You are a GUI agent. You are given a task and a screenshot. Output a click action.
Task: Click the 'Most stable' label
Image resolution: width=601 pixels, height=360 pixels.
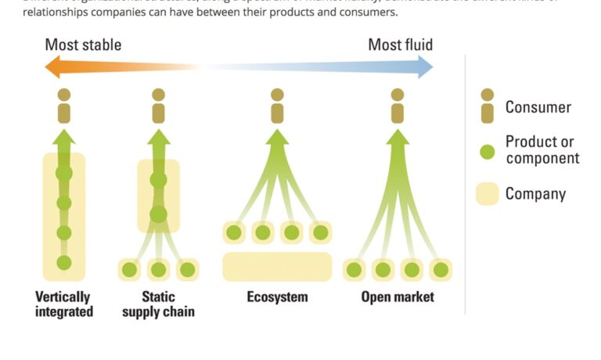pyautogui.click(x=83, y=45)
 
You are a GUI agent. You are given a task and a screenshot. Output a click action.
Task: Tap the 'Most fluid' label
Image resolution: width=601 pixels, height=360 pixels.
pyautogui.click(x=400, y=45)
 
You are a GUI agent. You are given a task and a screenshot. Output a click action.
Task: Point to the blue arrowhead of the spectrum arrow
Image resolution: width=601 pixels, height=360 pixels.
pyautogui.click(x=424, y=67)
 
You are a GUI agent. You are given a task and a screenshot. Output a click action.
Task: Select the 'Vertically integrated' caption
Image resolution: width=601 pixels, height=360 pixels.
pyautogui.click(x=64, y=304)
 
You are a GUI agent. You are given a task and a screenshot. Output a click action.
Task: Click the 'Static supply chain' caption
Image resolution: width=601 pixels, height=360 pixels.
pyautogui.click(x=159, y=304)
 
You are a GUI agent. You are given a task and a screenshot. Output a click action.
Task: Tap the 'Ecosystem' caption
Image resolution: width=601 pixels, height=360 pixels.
pyautogui.click(x=277, y=297)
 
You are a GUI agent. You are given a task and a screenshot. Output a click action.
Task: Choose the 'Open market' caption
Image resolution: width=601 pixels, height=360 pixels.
pyautogui.click(x=398, y=297)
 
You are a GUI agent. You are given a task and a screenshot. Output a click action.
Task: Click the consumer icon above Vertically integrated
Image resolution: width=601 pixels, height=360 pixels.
pyautogui.click(x=64, y=106)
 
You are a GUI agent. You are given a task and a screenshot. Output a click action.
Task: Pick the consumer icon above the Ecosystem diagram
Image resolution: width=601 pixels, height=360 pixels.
pyautogui.click(x=277, y=106)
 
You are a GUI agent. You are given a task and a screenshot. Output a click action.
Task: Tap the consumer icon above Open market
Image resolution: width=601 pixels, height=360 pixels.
pyautogui.click(x=398, y=106)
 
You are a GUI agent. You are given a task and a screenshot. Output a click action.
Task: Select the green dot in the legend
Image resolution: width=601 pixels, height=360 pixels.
pyautogui.click(x=488, y=151)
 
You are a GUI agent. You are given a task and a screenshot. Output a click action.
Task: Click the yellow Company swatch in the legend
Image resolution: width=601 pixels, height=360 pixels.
pyautogui.click(x=488, y=193)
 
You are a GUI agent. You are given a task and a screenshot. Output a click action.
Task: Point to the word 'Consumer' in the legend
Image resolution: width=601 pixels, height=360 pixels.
pyautogui.click(x=538, y=107)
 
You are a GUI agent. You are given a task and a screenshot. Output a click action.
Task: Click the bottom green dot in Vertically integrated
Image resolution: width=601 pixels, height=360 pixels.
pyautogui.click(x=64, y=263)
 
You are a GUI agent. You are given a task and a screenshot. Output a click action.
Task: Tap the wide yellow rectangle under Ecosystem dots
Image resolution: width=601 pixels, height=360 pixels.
pyautogui.click(x=277, y=267)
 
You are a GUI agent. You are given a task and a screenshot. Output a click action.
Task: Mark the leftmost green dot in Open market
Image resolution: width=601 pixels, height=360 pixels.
pyautogui.click(x=354, y=270)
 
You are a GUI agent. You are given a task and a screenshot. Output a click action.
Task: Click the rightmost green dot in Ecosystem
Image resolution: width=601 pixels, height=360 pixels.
pyautogui.click(x=320, y=232)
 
